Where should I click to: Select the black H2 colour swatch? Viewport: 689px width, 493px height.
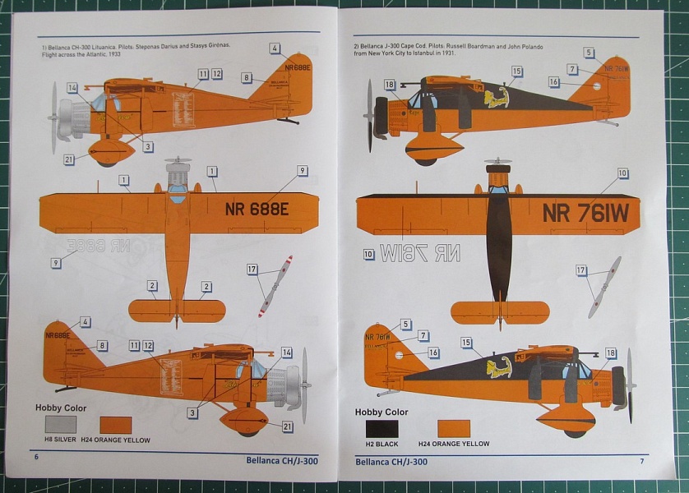click(381, 428)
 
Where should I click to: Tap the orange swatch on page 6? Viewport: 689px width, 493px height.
click(115, 425)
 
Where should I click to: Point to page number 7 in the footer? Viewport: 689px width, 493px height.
click(641, 461)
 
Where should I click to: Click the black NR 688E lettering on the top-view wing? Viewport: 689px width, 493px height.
click(257, 209)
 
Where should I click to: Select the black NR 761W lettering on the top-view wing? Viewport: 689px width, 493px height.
click(585, 213)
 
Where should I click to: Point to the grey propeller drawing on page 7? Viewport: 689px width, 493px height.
click(605, 286)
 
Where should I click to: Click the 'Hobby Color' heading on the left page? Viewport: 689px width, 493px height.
click(60, 408)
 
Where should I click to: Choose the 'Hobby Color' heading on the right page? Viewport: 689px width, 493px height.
click(381, 412)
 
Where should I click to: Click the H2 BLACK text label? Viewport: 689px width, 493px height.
click(381, 444)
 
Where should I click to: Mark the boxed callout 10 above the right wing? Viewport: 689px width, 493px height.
click(622, 173)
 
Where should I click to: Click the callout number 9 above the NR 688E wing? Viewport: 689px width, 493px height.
click(303, 170)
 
